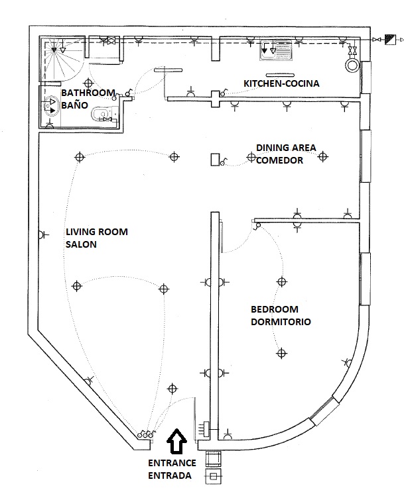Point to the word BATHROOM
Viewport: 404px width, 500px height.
point(88,93)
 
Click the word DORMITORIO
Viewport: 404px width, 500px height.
point(281,323)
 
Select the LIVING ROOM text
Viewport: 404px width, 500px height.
point(96,232)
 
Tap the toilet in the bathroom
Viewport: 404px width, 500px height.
point(104,115)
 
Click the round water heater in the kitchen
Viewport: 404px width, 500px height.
point(352,65)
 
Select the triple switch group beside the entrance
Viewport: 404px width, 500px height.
point(146,434)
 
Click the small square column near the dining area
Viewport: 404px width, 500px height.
point(214,160)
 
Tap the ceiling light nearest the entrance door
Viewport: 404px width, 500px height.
point(174,388)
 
